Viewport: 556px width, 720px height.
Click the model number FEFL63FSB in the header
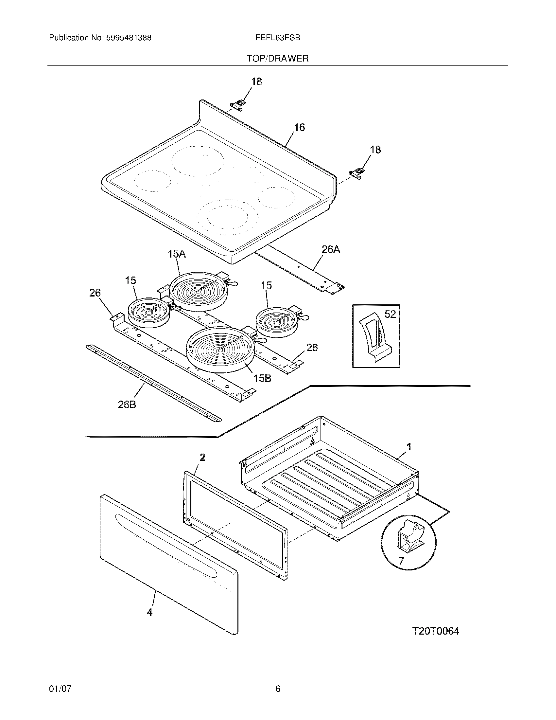(x=277, y=38)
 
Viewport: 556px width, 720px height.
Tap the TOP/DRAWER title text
(x=278, y=59)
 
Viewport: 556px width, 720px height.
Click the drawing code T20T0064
(x=435, y=631)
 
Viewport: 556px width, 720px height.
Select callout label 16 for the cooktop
(x=299, y=127)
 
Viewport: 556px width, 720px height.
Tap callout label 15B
(x=262, y=378)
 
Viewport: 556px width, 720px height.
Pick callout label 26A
(x=331, y=250)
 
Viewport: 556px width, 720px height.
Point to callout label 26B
(x=127, y=405)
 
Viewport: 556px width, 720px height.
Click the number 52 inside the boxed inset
(x=390, y=314)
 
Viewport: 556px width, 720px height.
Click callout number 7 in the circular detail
(x=401, y=561)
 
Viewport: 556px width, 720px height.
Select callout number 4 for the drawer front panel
(x=149, y=613)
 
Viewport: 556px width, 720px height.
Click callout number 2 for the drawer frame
(x=202, y=457)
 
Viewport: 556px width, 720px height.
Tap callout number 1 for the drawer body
(x=409, y=447)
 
